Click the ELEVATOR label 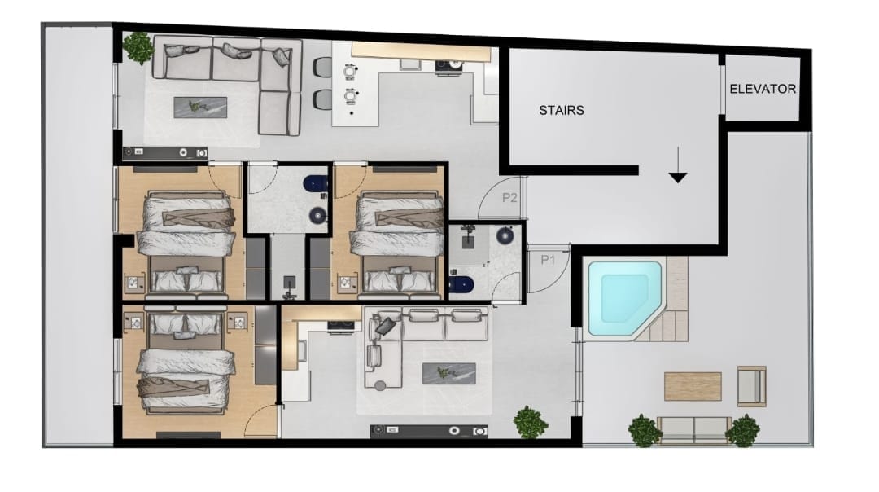click(x=763, y=89)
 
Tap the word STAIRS click(x=561, y=110)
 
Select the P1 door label click(x=548, y=260)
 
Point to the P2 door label click(x=509, y=197)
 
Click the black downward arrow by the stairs click(x=678, y=165)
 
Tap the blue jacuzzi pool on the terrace click(x=624, y=297)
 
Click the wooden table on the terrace click(x=693, y=387)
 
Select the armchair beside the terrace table click(x=751, y=386)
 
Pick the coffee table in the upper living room click(x=200, y=108)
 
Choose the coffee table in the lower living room click(x=449, y=374)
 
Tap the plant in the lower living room click(x=530, y=422)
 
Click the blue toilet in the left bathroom click(x=316, y=183)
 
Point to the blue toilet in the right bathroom click(x=461, y=285)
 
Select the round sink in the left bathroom click(x=318, y=214)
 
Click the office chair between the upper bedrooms click(x=289, y=287)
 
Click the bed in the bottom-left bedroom click(x=186, y=362)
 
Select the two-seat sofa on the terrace click(x=694, y=430)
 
